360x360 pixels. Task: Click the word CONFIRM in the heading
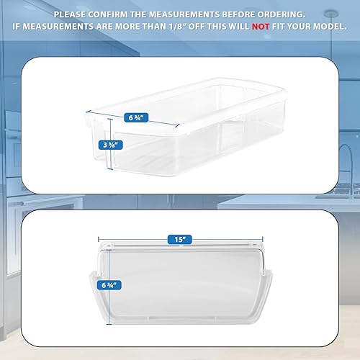(x=115, y=14)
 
